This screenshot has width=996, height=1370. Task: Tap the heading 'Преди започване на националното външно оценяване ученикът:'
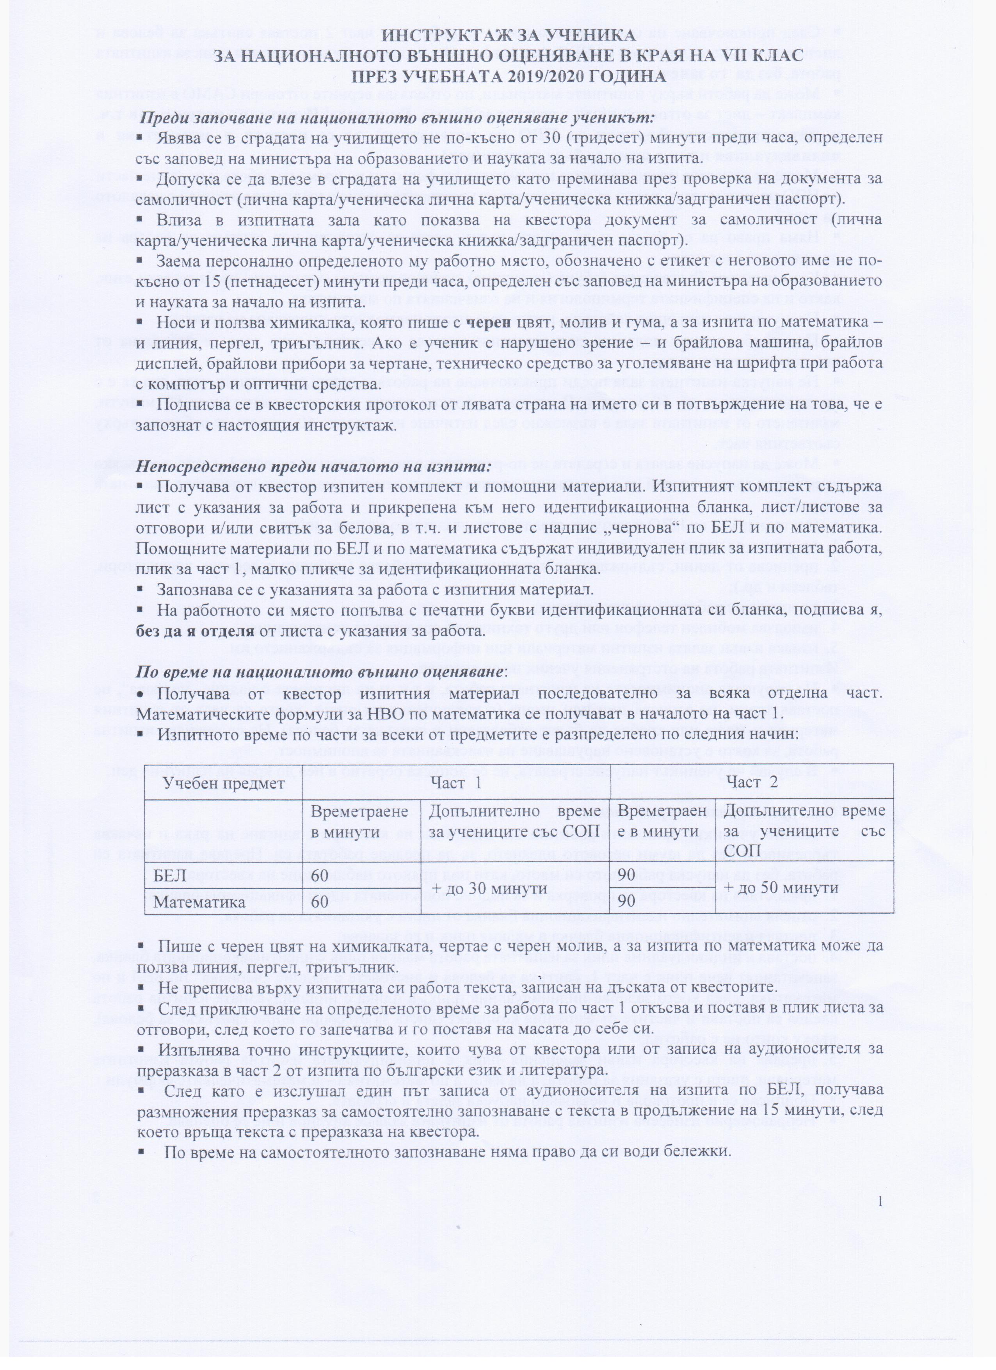(x=397, y=117)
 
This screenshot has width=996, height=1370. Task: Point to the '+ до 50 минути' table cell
(x=782, y=888)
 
